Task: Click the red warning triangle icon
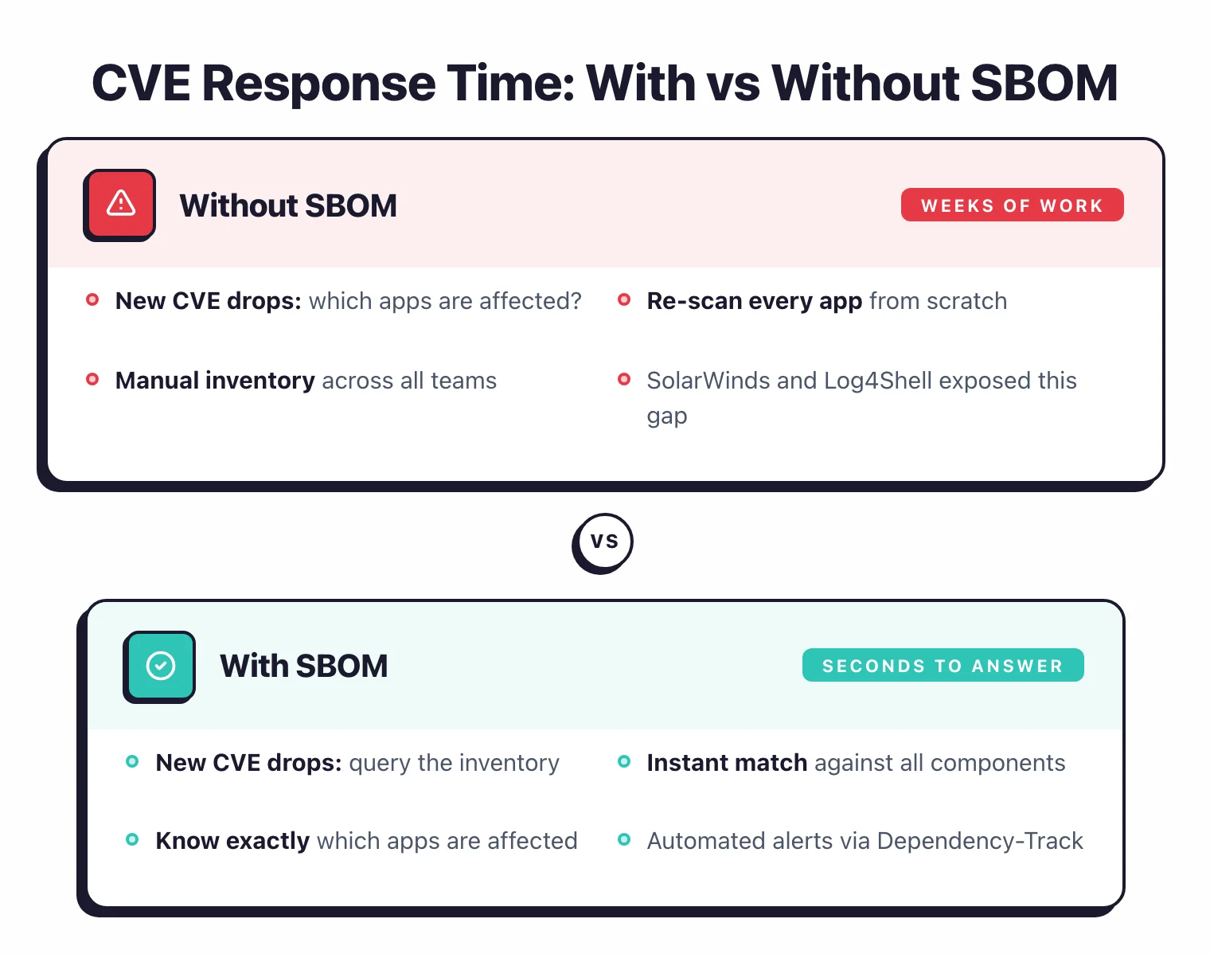pyautogui.click(x=121, y=204)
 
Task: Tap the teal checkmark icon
pyautogui.click(x=161, y=665)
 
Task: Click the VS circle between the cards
pyautogui.click(x=604, y=542)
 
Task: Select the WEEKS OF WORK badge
pyautogui.click(x=1012, y=205)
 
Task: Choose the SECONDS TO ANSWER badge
pyautogui.click(x=943, y=666)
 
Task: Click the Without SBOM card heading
pyautogui.click(x=288, y=205)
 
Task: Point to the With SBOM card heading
pyautogui.click(x=304, y=666)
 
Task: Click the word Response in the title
pyautogui.click(x=319, y=83)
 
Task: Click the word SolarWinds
pyautogui.click(x=708, y=381)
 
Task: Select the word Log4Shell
pyautogui.click(x=877, y=381)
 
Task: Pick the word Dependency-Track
pyautogui.click(x=980, y=841)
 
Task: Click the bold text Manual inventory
pyautogui.click(x=215, y=381)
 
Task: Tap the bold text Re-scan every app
pyautogui.click(x=754, y=301)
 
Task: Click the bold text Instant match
pyautogui.click(x=727, y=763)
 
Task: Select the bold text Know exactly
pyautogui.click(x=232, y=841)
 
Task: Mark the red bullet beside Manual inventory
pyautogui.click(x=92, y=379)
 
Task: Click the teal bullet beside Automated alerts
pyautogui.click(x=624, y=839)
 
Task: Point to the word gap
pyautogui.click(x=666, y=416)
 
